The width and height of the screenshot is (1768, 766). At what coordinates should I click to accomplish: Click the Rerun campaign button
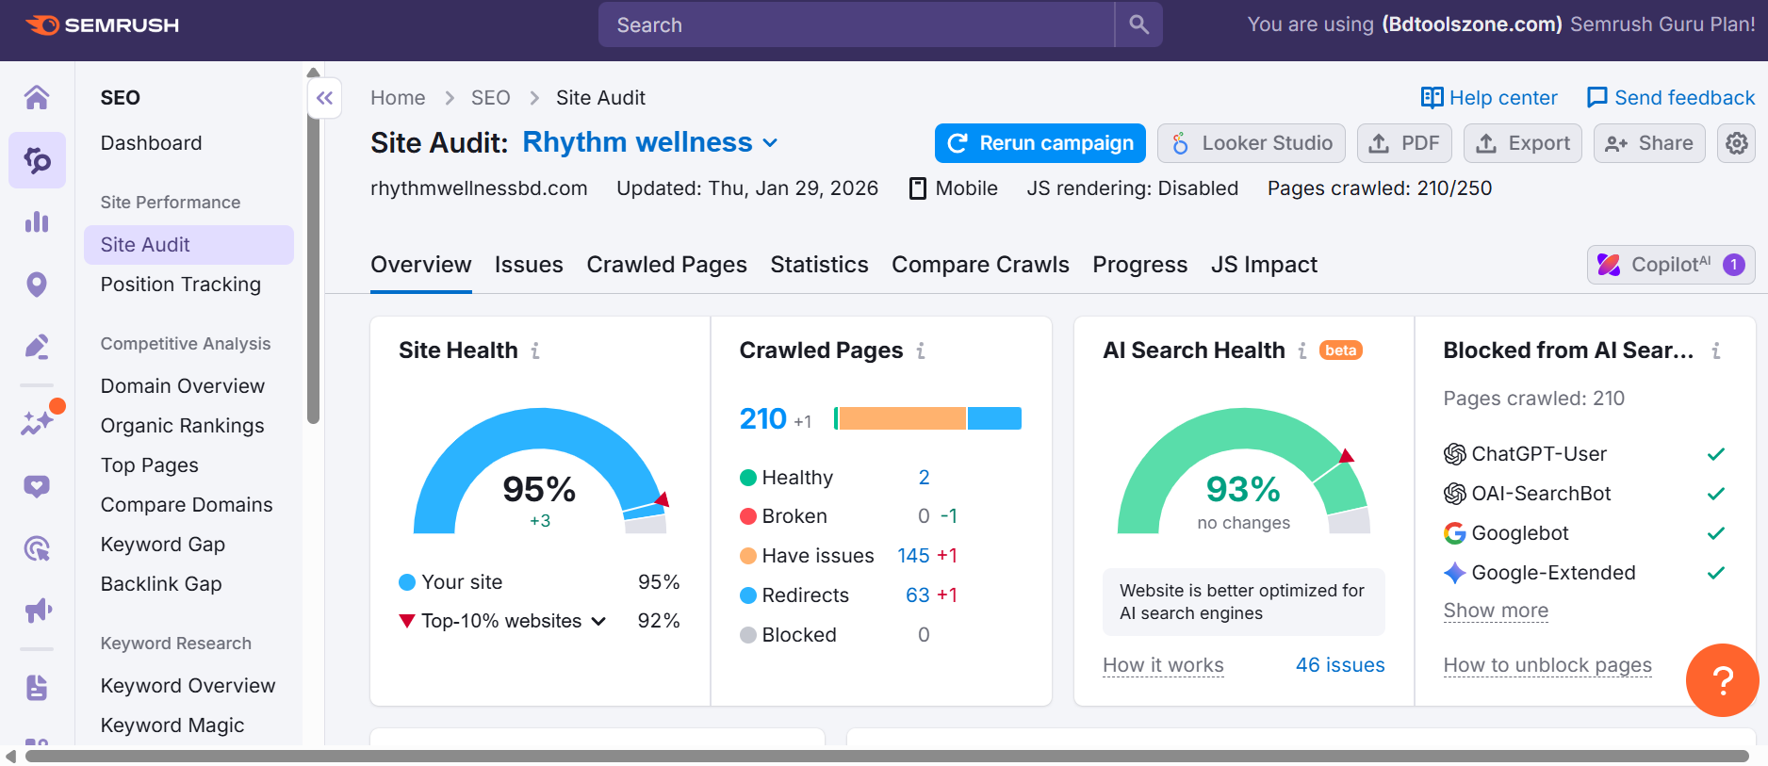pos(1040,143)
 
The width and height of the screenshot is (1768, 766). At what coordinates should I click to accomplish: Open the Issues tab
pos(528,265)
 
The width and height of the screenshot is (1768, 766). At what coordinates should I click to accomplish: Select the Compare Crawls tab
pos(979,265)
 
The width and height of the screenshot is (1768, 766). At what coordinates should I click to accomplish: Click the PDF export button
pos(1403,143)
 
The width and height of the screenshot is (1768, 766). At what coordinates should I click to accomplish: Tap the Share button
pos(1648,143)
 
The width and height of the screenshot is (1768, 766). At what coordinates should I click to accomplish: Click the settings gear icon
pos(1736,143)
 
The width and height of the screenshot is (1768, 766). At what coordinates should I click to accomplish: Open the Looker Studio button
pos(1251,143)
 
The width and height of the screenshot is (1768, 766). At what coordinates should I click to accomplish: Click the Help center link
pos(1489,98)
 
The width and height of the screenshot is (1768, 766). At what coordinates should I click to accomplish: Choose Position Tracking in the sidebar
pos(180,285)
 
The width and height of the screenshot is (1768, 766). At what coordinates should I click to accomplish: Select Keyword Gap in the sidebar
pos(162,545)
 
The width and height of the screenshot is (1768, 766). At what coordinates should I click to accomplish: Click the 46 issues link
pos(1339,665)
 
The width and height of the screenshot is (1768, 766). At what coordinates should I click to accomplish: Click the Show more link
pos(1495,611)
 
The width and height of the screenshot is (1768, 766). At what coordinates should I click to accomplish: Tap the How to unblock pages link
pos(1547,665)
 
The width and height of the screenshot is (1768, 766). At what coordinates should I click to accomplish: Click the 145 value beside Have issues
pos(912,556)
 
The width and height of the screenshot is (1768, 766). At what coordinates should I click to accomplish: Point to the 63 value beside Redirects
pos(917,595)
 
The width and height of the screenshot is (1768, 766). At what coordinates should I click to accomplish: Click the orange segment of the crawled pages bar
pos(902,418)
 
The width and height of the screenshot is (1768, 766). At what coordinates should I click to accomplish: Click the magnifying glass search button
pos(1138,24)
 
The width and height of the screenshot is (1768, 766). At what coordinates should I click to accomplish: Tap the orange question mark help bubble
pos(1721,679)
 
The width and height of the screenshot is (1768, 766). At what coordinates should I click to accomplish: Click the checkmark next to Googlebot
pos(1715,533)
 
